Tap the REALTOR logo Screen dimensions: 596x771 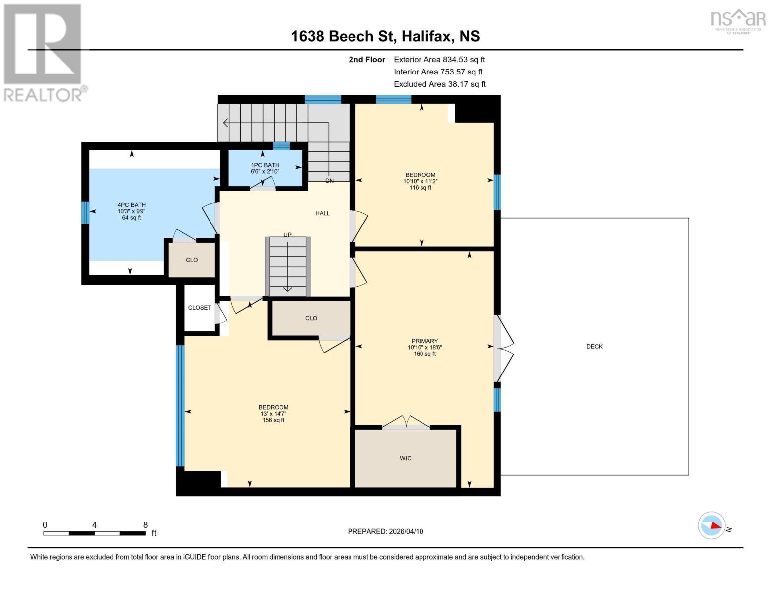click(x=44, y=53)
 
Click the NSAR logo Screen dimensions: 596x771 click(x=738, y=20)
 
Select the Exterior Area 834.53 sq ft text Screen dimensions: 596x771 click(x=439, y=59)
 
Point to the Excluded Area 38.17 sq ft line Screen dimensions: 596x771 click(x=439, y=84)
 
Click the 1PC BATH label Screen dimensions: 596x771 click(x=265, y=168)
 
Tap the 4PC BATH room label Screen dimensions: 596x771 click(x=132, y=211)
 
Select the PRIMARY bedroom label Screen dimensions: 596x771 click(x=424, y=347)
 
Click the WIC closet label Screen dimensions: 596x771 click(x=405, y=458)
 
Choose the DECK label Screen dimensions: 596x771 click(x=594, y=347)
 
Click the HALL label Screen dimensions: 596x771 click(x=322, y=213)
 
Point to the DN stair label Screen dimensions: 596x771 click(x=329, y=181)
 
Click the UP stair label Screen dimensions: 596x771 click(x=287, y=235)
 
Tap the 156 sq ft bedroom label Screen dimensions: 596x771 click(x=273, y=414)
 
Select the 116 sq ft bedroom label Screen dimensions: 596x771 click(x=420, y=181)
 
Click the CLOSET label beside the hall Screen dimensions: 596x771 click(x=200, y=308)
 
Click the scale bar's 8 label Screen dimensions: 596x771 click(x=145, y=525)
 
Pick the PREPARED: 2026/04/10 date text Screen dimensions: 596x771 click(x=385, y=531)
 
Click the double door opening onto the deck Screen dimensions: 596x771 click(x=502, y=348)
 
